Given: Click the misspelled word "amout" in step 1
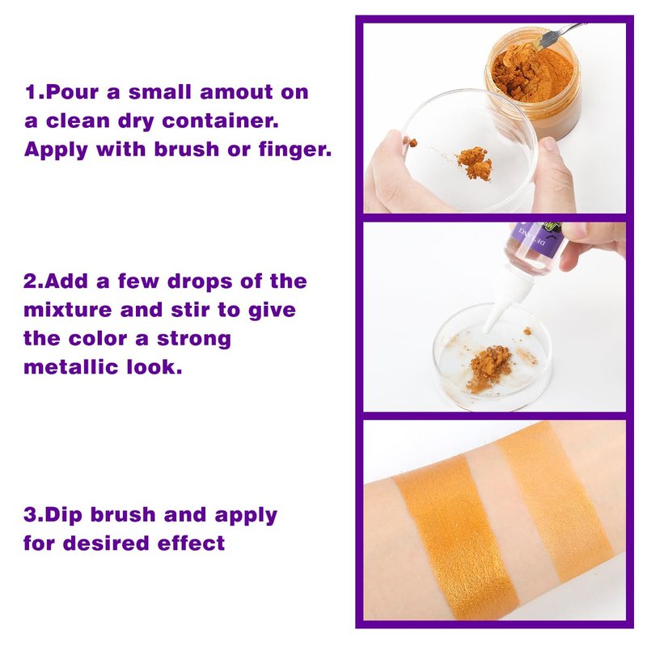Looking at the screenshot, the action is [236, 92].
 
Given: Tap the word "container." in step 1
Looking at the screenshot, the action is [220, 121].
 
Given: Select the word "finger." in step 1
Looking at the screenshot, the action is [295, 150].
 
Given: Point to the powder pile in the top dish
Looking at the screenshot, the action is [476, 163].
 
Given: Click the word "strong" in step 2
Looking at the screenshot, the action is [194, 339].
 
